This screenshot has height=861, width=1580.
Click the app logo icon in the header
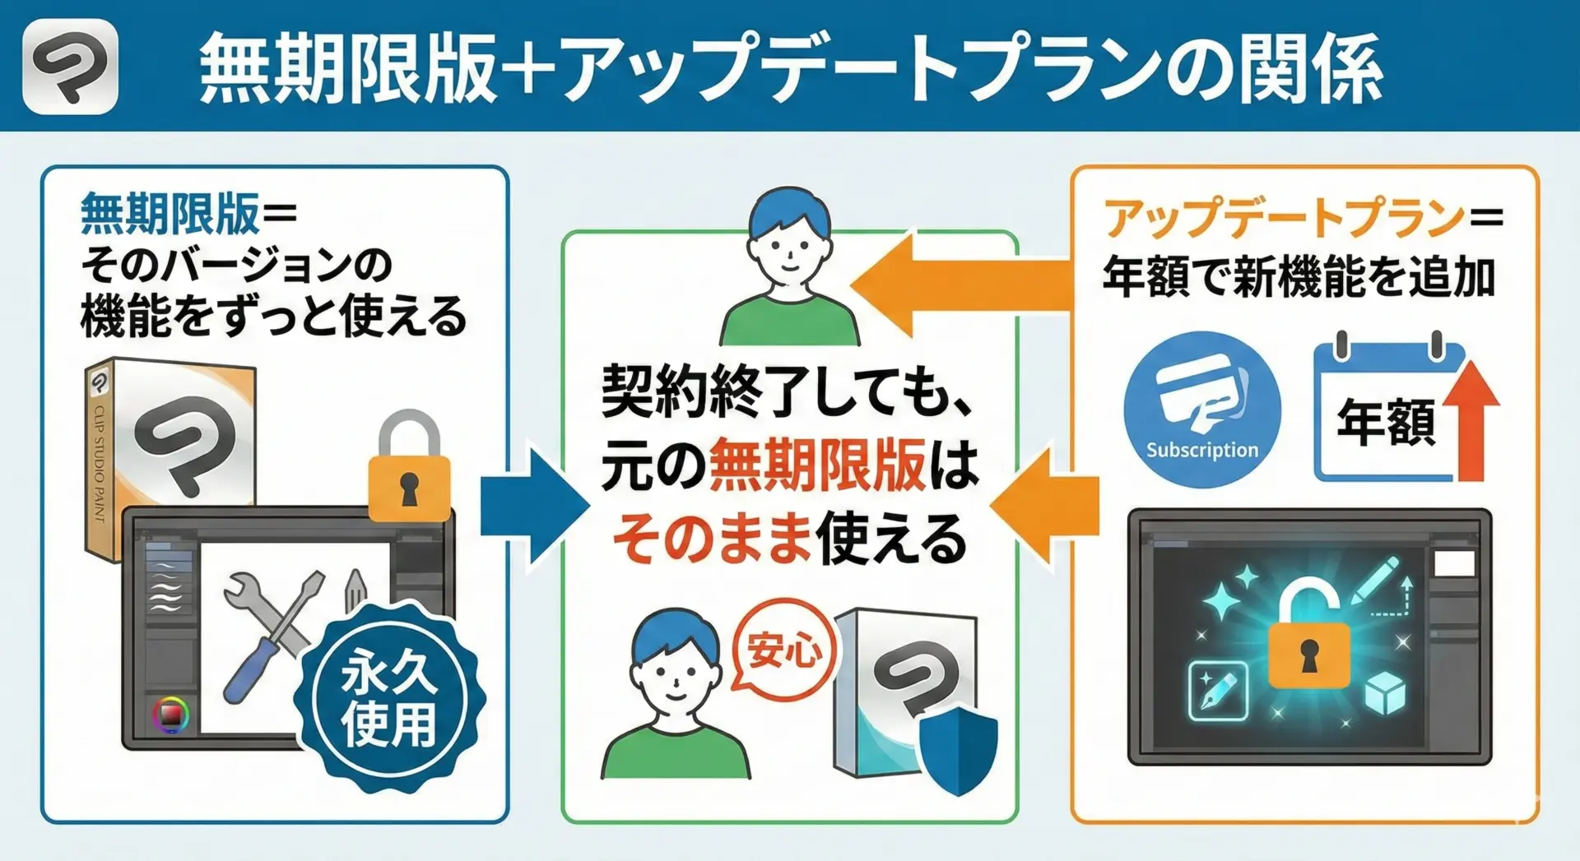[70, 66]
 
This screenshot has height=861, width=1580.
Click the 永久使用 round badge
[389, 697]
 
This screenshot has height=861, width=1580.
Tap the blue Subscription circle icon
[1201, 410]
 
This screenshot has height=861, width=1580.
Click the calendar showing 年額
[1382, 415]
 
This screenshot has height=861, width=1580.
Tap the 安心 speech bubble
[783, 650]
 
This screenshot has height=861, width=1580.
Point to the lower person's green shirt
[675, 752]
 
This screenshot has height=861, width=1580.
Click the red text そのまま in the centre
[712, 539]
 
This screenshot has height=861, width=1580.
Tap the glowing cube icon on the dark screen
[1385, 692]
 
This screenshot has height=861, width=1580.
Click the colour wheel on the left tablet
[170, 714]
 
